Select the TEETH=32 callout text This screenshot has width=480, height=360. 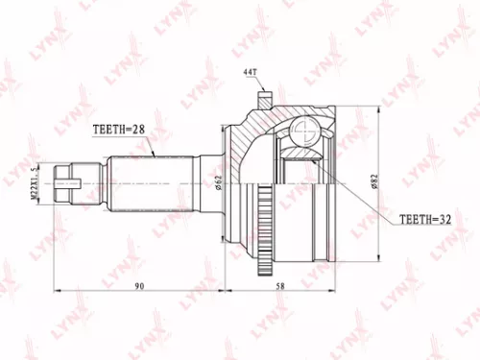[420, 220]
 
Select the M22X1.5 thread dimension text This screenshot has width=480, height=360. [34, 181]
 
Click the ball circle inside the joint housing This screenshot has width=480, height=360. [304, 132]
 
